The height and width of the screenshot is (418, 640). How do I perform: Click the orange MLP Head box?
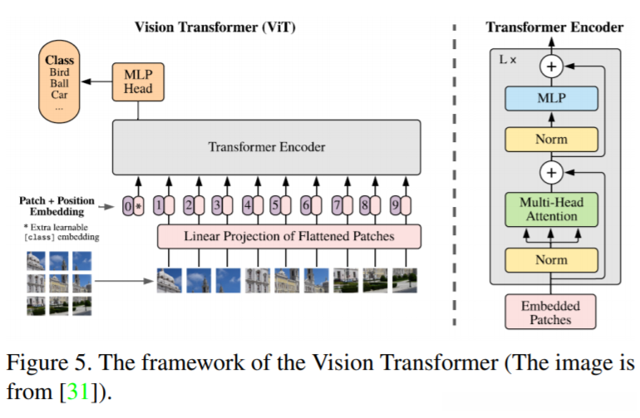(138, 80)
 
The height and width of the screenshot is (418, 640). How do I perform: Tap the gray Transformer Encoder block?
(267, 147)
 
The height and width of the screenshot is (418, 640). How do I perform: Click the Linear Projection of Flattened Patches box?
(289, 236)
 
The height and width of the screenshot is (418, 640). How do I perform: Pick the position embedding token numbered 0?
(127, 204)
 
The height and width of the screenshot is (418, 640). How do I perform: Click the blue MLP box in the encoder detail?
(551, 98)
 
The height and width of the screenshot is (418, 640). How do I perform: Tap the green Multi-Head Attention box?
(551, 209)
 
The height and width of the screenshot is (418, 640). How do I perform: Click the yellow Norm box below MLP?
(551, 139)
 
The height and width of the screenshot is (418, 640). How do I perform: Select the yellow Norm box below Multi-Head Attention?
(551, 259)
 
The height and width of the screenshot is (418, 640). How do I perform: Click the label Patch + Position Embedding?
(56, 207)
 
